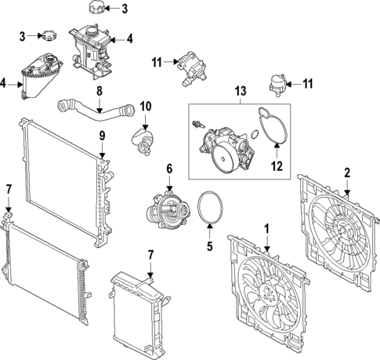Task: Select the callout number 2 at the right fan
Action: click(347, 173)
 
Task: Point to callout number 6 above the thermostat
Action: click(168, 169)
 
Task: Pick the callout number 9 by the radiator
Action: click(101, 136)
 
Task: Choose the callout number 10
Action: click(144, 106)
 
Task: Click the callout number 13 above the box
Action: click(237, 92)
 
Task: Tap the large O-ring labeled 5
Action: click(210, 207)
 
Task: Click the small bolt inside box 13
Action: click(197, 123)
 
